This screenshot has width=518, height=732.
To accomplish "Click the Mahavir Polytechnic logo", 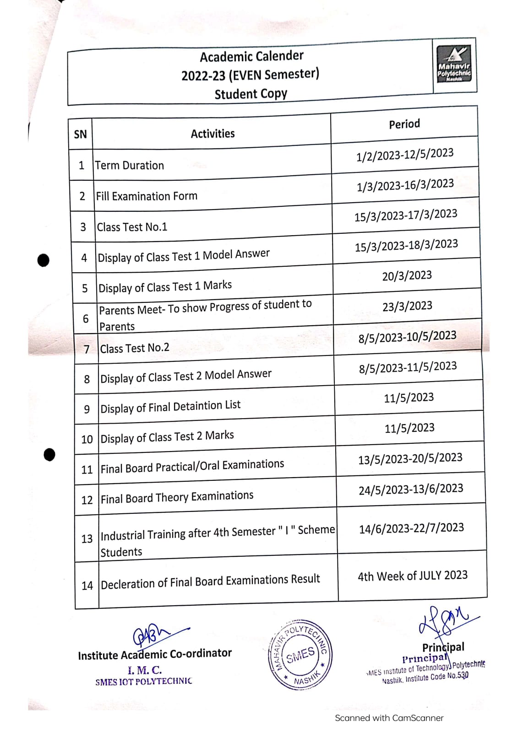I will tap(454, 65).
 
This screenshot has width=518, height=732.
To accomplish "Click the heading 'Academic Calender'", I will tap(251, 56).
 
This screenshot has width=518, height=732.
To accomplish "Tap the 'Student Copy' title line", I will tap(251, 94).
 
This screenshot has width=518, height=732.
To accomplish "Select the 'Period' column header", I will tap(404, 124).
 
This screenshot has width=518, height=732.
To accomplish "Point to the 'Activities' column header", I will tap(213, 134).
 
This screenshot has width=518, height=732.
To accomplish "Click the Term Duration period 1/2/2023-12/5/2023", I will tap(405, 155).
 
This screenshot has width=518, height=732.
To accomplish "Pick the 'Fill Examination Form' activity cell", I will tap(147, 196).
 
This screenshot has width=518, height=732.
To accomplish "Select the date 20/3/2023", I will tap(407, 275).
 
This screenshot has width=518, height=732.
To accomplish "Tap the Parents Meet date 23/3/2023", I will tap(407, 306).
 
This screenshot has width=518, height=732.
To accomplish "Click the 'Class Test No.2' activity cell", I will tap(135, 348).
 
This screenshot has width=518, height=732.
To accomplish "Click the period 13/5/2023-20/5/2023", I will tap(410, 458).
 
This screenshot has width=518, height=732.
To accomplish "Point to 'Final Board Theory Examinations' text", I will tap(177, 497).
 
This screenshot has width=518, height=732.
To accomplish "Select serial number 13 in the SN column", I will tap(87, 539).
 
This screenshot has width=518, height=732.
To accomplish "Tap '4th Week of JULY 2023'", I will tap(412, 576).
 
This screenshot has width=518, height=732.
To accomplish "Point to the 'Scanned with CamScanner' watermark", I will tap(389, 718).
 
